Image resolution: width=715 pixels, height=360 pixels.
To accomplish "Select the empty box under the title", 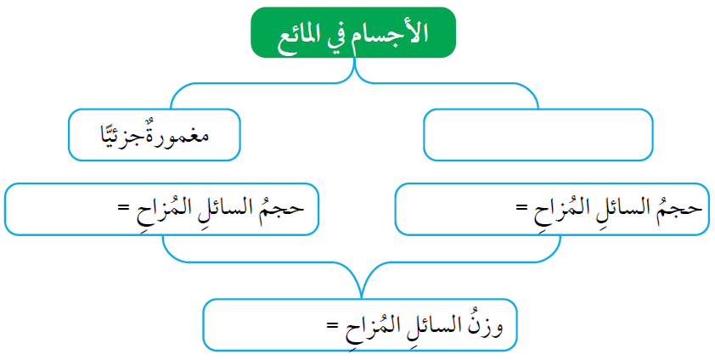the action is click(x=538, y=135).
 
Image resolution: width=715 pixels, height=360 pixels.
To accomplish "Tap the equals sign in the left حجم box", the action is click(x=124, y=208).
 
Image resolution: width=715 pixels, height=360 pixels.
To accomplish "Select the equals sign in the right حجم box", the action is click(x=522, y=208).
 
